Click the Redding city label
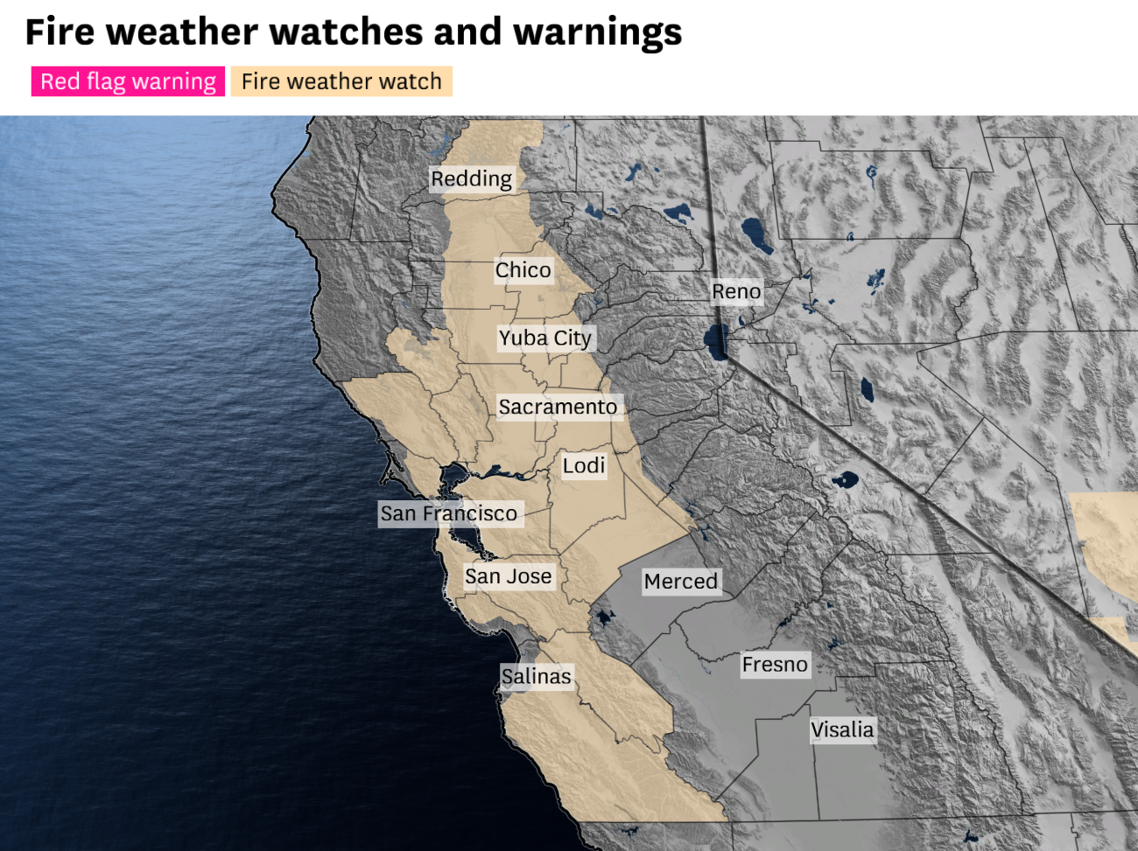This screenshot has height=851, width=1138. pos(471,179)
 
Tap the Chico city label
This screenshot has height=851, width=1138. pos(523,270)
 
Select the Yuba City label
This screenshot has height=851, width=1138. pos(545,338)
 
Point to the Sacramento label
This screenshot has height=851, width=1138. pos(558,407)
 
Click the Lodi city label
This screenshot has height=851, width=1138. pos(584,465)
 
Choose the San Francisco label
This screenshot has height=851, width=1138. pos(448,513)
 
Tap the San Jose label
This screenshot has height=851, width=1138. pos(508,576)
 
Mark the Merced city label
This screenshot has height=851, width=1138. pos(680,582)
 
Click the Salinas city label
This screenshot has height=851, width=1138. pos(536,676)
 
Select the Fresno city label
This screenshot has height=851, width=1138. pos(775,665)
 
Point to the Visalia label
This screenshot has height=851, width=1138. pos(842,729)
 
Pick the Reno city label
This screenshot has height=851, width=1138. pos(736,291)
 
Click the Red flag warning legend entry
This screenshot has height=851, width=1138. pos(128,81)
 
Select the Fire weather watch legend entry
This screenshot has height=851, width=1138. pos(341,81)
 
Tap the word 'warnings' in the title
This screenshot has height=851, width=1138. pos(597,32)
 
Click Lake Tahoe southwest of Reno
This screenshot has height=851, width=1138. pos(717,342)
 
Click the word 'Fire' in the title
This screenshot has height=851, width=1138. pos(60,32)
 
